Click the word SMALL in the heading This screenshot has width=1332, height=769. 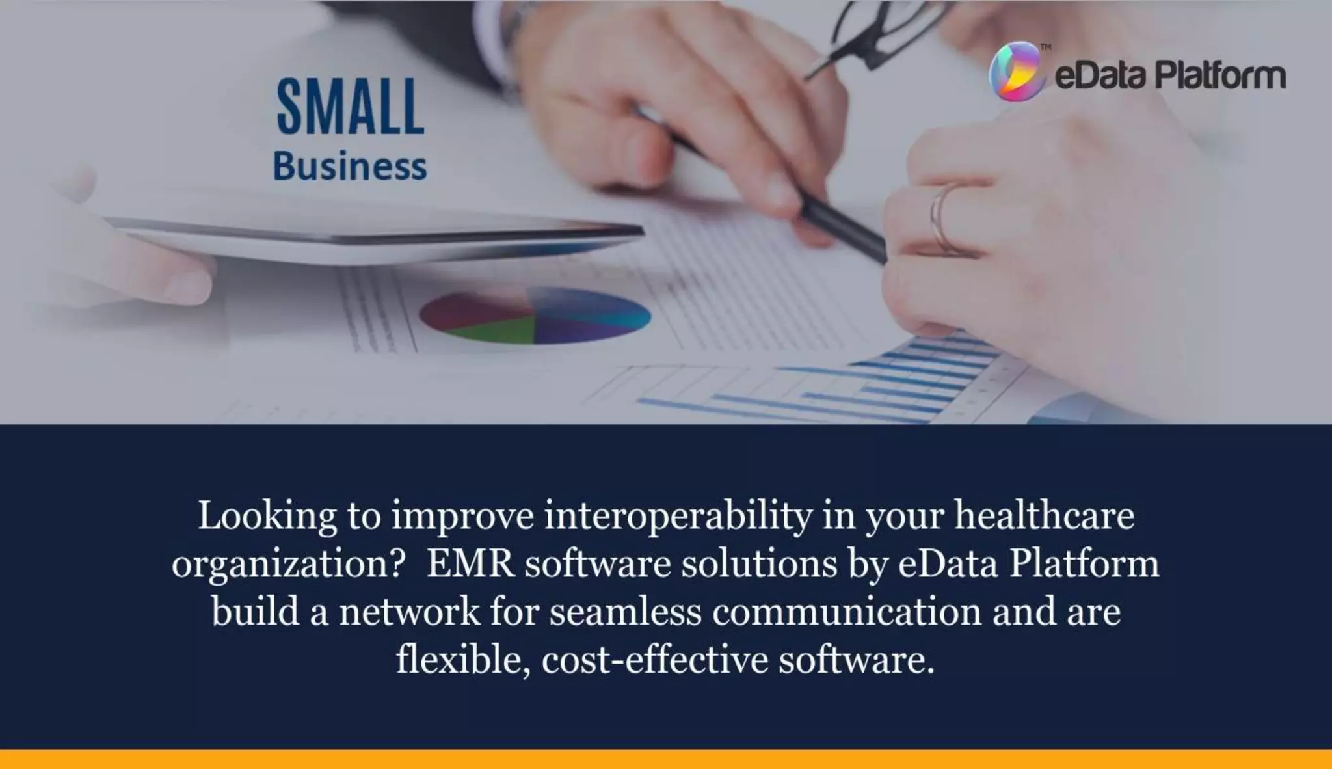[351, 107]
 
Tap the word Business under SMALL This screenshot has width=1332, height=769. [350, 167]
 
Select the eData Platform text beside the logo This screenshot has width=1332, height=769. [1169, 75]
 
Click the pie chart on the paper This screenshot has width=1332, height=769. [535, 316]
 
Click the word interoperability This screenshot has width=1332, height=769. [678, 516]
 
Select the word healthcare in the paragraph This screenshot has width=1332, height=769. [1044, 516]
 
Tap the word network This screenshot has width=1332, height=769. [409, 612]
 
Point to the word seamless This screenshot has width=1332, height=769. [625, 612]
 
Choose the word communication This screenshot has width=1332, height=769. [846, 612]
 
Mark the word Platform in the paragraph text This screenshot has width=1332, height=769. [1084, 563]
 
